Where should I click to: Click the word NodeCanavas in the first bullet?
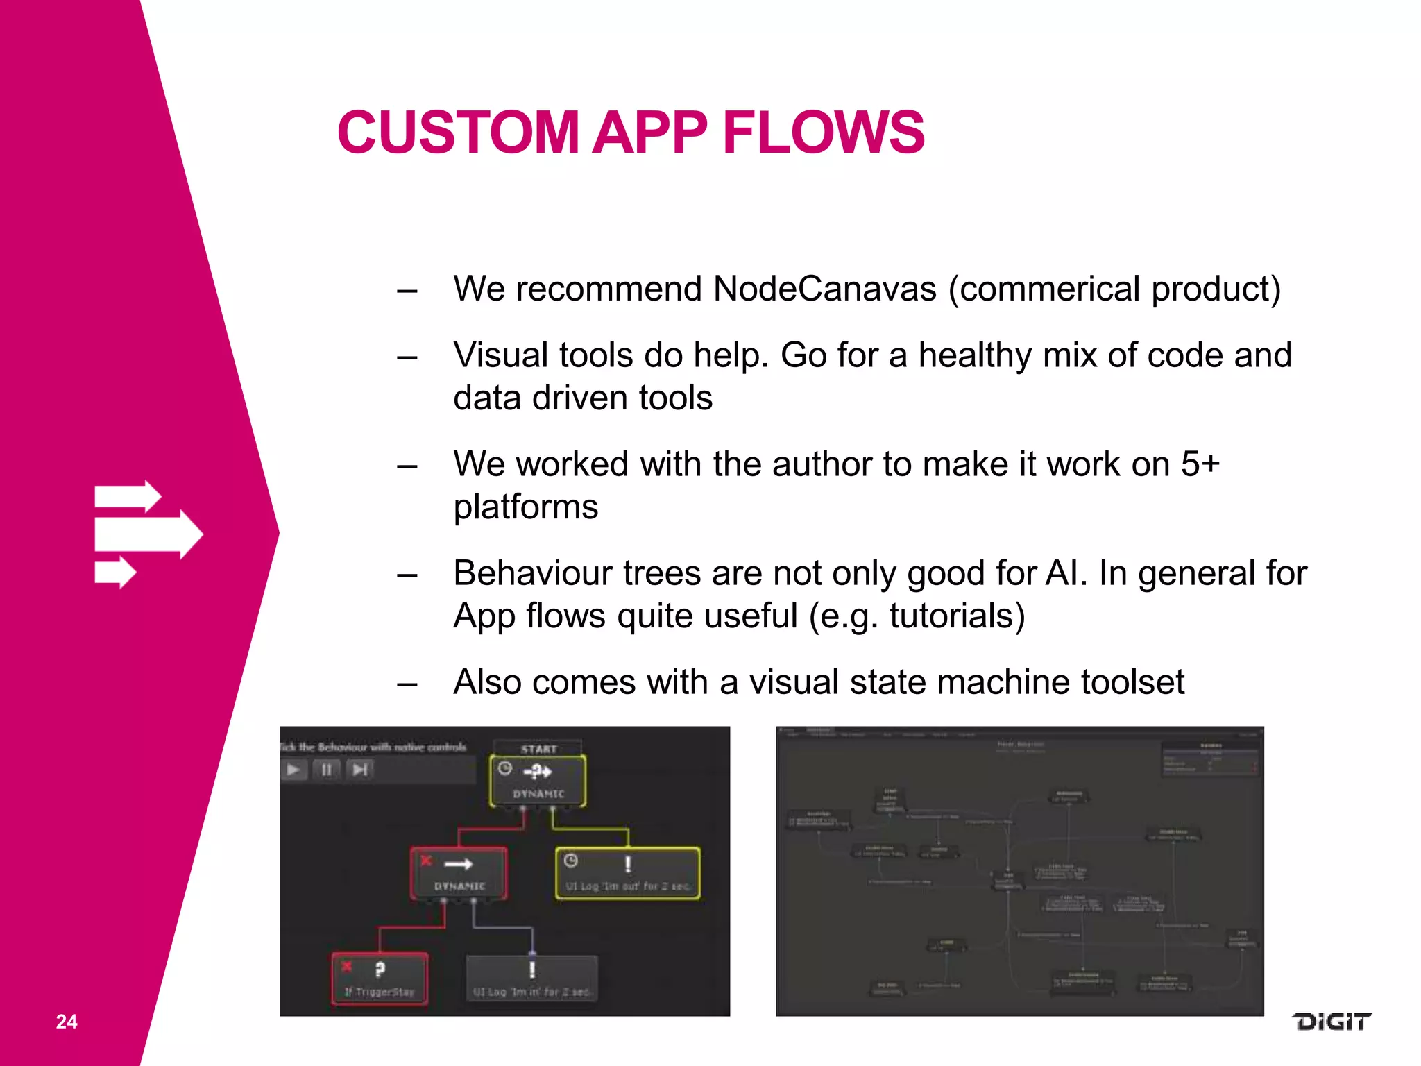[x=824, y=289]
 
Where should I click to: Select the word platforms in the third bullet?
[x=525, y=507]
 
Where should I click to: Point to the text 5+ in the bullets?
[x=1200, y=464]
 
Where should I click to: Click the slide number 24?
[x=67, y=1022]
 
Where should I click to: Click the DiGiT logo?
[x=1331, y=1022]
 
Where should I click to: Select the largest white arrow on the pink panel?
[x=148, y=534]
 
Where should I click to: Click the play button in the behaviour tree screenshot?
[x=294, y=770]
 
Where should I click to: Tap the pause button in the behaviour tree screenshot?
[x=326, y=770]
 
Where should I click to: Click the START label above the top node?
[x=538, y=749]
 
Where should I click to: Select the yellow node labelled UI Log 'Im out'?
[x=627, y=873]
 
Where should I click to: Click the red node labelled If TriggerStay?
[x=380, y=979]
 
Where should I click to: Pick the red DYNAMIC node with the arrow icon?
[x=459, y=873]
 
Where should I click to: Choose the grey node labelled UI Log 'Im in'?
[x=531, y=979]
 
